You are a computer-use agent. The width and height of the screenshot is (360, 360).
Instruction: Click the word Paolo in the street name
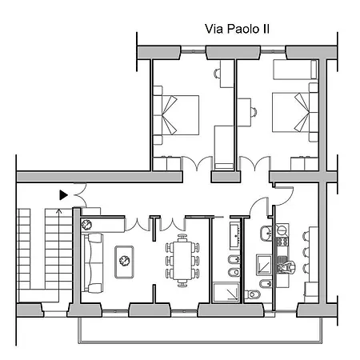click(x=243, y=29)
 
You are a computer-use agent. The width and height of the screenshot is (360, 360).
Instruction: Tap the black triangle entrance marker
click(x=63, y=195)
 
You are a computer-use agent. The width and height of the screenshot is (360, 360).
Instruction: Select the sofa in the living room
click(x=93, y=263)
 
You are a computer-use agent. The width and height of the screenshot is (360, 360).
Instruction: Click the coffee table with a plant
click(x=124, y=262)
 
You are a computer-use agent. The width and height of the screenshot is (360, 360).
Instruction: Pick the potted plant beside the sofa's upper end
click(x=86, y=225)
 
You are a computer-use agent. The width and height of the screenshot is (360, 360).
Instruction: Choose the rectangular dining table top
click(x=182, y=260)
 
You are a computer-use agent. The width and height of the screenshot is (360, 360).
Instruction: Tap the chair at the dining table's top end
click(x=182, y=238)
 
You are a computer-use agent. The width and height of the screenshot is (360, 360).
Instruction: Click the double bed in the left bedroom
click(x=176, y=115)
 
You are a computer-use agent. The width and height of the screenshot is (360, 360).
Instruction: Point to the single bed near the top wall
click(x=295, y=70)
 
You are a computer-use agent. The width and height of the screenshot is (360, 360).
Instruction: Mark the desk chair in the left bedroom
click(x=218, y=74)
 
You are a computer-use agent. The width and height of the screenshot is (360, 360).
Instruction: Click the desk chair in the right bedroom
click(x=254, y=112)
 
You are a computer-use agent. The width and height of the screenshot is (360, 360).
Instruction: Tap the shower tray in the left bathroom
click(x=226, y=293)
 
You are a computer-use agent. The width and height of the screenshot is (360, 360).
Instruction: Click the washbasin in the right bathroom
click(x=266, y=234)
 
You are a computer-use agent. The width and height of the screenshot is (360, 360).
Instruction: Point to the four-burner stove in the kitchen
click(x=282, y=242)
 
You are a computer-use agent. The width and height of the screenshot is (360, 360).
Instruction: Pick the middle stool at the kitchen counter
click(x=306, y=252)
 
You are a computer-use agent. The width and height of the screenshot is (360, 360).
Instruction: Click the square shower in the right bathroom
click(x=264, y=265)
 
